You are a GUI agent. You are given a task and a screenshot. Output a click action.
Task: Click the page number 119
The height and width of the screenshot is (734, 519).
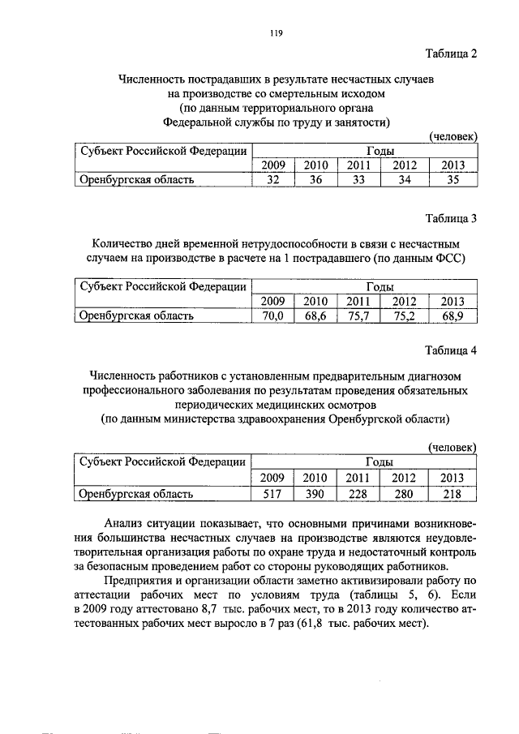[x=275, y=33]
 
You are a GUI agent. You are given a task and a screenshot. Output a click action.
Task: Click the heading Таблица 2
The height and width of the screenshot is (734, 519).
[x=452, y=54]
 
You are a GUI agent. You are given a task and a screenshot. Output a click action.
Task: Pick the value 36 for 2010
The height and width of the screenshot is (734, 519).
[x=315, y=180]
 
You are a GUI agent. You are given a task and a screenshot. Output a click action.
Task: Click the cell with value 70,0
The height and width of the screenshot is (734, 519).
[x=272, y=316]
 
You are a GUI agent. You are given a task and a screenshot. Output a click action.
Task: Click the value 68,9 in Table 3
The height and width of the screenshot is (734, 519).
[x=453, y=316]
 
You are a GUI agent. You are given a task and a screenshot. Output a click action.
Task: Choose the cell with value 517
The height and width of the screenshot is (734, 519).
[x=272, y=493]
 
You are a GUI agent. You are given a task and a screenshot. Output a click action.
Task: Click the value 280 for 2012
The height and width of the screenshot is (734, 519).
[x=405, y=493]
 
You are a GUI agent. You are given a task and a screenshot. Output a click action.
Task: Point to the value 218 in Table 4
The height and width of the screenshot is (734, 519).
[x=453, y=493]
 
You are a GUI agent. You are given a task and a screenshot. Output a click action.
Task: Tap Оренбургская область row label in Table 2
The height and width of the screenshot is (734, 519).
[x=135, y=180]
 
